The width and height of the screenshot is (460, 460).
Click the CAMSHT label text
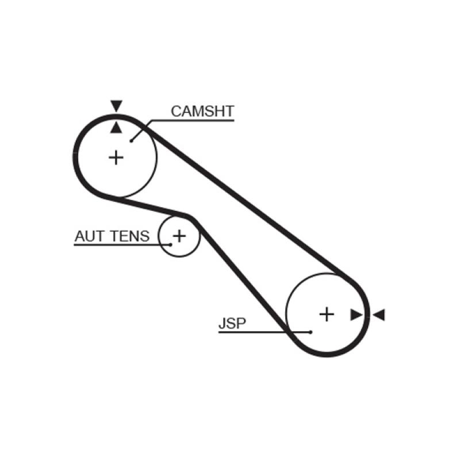pos(203,112)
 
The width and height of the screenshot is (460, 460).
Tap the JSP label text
pos(232,324)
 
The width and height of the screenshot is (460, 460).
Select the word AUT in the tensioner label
pos(88,236)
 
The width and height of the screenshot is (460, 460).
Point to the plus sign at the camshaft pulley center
pos(117,157)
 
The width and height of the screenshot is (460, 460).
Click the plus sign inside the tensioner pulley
pos(179,235)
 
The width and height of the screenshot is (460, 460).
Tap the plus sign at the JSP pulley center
pos(326,314)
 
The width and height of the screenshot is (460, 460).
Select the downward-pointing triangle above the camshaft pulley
pos(117,106)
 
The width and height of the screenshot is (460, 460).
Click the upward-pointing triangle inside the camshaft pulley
pos(117,128)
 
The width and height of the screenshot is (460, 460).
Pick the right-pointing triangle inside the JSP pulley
pos(356,315)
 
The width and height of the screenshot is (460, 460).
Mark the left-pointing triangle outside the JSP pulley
pos(378,315)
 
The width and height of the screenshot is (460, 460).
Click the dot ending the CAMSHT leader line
pos(132,139)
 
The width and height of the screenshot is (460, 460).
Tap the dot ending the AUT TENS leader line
pos(171,244)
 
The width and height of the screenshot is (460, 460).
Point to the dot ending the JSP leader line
pos(310,332)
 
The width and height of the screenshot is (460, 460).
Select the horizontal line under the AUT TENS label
pos(115,245)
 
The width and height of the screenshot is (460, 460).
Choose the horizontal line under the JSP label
pos(259,332)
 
